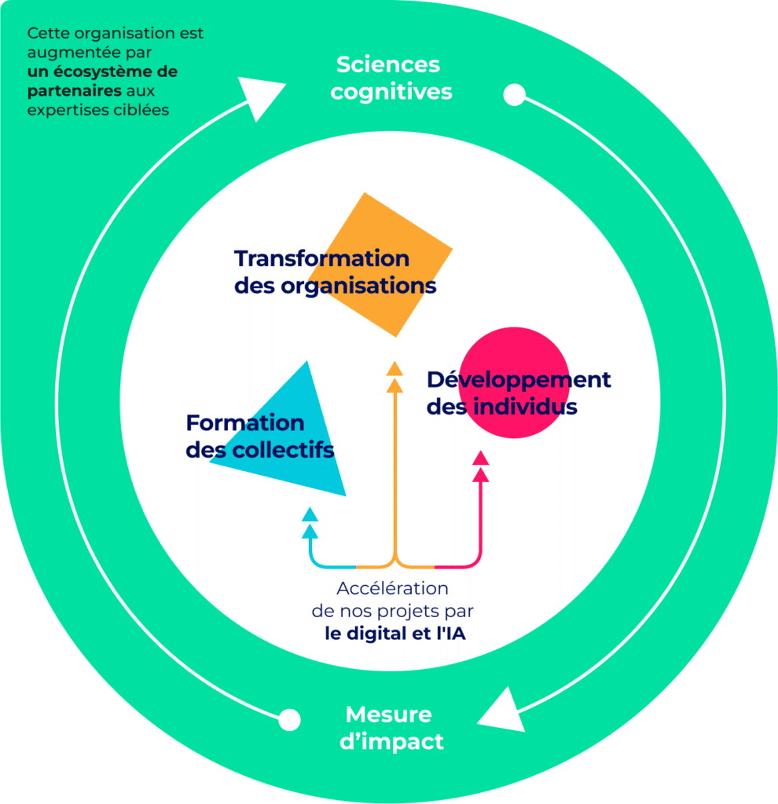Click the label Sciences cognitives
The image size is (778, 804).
(391, 78)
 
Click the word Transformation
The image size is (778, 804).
(321, 258)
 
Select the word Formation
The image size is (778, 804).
(245, 423)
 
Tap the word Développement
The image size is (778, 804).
(519, 380)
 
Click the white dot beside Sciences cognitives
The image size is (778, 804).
(514, 96)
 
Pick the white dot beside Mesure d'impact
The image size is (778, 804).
(290, 718)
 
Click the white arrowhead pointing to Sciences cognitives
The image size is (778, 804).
(259, 96)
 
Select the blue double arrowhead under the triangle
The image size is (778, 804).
(310, 522)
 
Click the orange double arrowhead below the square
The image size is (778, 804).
(395, 377)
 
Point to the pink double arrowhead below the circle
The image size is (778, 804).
(481, 466)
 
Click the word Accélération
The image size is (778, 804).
(392, 588)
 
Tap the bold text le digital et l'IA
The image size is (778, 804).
(395, 634)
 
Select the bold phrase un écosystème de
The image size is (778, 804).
(102, 72)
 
